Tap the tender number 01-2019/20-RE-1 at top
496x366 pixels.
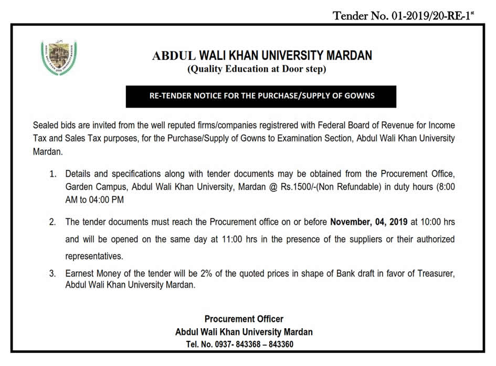(x=403, y=16)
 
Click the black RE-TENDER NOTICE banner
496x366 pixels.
(x=261, y=96)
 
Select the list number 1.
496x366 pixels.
(x=52, y=173)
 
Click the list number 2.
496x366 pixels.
(x=52, y=222)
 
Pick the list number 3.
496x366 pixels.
(x=52, y=274)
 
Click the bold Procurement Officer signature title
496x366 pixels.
(x=244, y=319)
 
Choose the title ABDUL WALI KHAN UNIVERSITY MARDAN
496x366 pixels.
(x=261, y=55)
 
